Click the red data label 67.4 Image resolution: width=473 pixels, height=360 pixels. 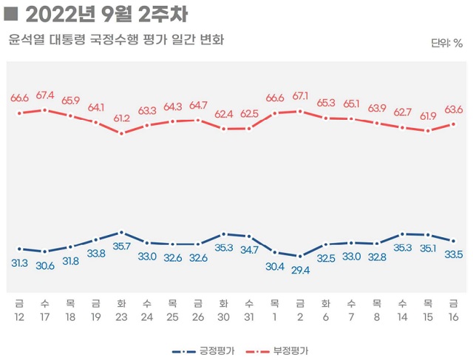[45, 95]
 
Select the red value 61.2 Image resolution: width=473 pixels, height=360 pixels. [121, 118]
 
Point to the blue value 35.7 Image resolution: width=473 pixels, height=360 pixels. [121, 246]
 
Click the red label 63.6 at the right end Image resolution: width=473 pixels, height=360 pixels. [454, 109]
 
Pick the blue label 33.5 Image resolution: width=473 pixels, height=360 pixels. [454, 255]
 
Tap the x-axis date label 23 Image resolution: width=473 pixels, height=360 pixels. [121, 316]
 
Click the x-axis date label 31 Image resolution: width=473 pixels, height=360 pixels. [249, 316]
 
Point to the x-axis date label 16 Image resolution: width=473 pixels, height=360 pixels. [454, 316]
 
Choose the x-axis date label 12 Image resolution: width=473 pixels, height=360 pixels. [19, 316]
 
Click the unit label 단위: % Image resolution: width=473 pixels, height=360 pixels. [446, 42]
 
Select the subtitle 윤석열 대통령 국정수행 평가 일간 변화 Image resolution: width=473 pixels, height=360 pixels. [116, 38]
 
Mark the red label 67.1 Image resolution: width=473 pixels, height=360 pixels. [300, 97]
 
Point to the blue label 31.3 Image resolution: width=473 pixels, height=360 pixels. [19, 263]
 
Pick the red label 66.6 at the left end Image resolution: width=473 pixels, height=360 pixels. [19, 98]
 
